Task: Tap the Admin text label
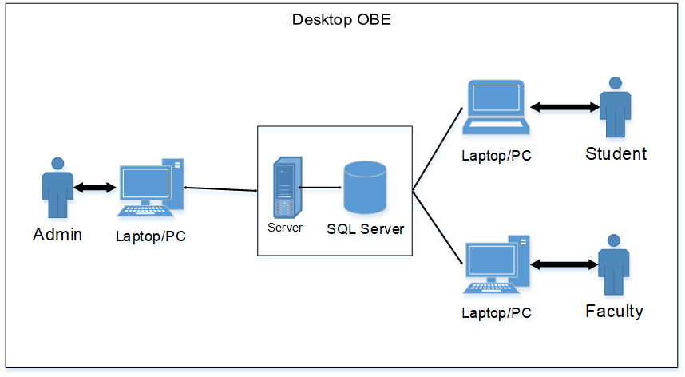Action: [x=57, y=235]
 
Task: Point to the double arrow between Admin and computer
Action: [x=95, y=188]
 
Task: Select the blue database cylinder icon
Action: [x=365, y=189]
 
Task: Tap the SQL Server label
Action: [x=365, y=229]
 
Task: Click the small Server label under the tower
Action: [x=285, y=228]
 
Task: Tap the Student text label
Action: [x=616, y=153]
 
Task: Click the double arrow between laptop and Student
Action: [x=564, y=107]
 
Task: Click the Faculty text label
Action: [x=614, y=312]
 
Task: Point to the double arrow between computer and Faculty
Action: [x=564, y=264]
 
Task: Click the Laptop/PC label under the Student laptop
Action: [x=497, y=156]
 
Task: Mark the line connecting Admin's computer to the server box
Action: [x=220, y=189]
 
